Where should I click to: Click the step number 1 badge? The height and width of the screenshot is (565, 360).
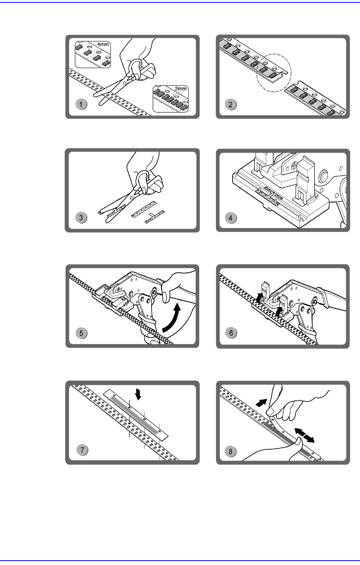(x=81, y=105)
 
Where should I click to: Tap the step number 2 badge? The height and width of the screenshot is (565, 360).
(x=232, y=105)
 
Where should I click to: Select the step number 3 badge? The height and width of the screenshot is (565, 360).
(x=81, y=217)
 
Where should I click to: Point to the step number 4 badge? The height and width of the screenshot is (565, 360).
(x=232, y=217)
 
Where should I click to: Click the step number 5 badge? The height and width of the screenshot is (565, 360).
(x=81, y=333)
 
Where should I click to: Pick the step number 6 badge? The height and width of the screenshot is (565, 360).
(x=232, y=333)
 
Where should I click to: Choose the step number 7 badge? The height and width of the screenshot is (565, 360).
(x=82, y=450)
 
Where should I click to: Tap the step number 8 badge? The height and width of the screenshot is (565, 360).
(x=232, y=451)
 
